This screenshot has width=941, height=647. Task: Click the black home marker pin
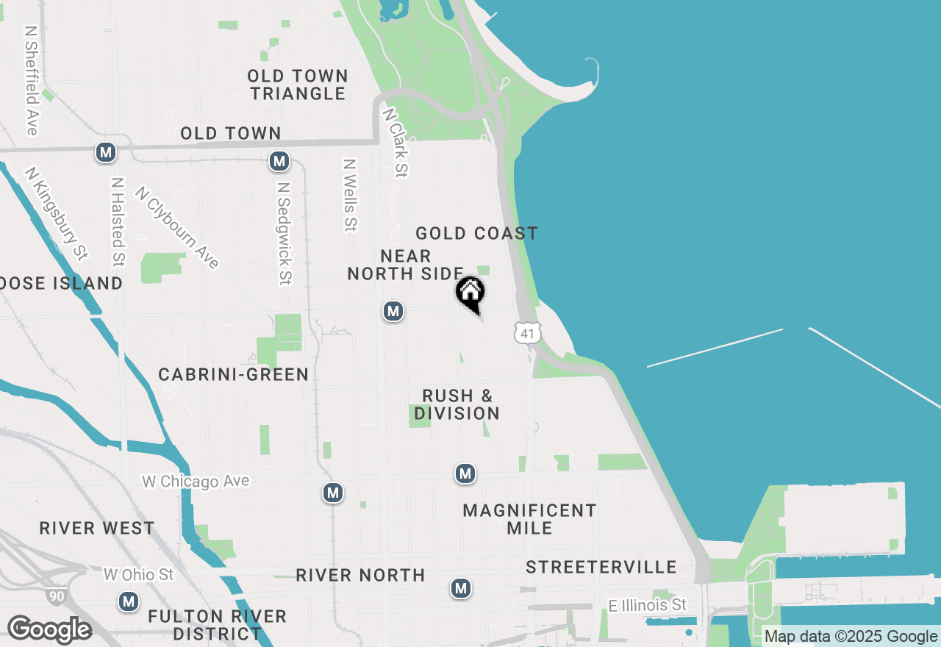coord(470,293)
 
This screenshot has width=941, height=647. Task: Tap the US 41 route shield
coord(526,333)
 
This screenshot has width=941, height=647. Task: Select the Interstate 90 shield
coord(55,595)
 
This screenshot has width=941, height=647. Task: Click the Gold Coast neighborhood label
coord(476,234)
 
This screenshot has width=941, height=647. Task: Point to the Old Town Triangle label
coord(297,85)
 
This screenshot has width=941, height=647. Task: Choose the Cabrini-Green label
coord(234,375)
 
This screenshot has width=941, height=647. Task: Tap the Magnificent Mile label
coord(529,519)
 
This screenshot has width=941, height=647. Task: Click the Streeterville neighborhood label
coord(601,567)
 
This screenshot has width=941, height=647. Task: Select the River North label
coord(360,575)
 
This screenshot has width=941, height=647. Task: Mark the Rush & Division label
coord(457,404)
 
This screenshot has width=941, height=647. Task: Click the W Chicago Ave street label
coord(196,482)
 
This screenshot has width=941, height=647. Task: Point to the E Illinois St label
coord(647,605)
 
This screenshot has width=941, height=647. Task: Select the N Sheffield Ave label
coord(31,81)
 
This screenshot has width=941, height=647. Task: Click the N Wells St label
coord(350,196)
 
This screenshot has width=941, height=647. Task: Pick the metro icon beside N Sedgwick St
coord(279,160)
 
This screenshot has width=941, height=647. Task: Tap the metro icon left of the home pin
coord(393,311)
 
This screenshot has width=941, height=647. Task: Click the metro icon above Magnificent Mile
coord(465,473)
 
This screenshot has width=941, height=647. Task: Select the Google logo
coord(49,629)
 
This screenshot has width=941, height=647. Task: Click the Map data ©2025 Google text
coord(851,637)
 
